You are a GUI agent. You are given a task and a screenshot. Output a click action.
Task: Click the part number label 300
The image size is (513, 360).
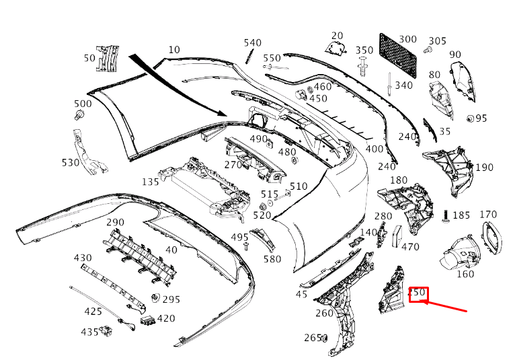click(x=407, y=39)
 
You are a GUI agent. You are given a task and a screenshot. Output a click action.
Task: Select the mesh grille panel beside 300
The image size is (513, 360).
click(x=398, y=55)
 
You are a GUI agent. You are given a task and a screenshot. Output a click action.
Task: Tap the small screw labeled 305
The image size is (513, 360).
click(x=428, y=50)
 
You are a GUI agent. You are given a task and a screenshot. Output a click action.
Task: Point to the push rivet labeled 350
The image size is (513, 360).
click(x=362, y=67)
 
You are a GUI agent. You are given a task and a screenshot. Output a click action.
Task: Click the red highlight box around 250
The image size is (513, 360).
click(x=418, y=295)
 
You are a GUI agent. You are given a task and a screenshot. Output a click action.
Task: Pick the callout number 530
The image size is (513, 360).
click(x=71, y=162)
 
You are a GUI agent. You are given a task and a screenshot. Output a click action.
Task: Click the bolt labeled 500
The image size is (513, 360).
click(x=79, y=115)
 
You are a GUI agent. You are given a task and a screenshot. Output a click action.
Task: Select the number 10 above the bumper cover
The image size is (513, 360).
click(x=174, y=50)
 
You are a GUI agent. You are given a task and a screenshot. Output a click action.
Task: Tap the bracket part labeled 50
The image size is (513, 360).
click(x=107, y=59)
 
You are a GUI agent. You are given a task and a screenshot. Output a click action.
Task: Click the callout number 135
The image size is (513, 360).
click(x=151, y=182)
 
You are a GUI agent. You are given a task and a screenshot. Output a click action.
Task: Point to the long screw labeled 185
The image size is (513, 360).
click(x=446, y=216)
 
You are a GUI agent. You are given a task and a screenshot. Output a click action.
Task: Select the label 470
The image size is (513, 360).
click(x=410, y=247)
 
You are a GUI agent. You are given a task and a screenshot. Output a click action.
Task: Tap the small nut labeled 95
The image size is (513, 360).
click(x=470, y=118)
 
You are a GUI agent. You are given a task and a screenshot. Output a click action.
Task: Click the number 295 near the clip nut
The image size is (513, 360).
click(x=171, y=299)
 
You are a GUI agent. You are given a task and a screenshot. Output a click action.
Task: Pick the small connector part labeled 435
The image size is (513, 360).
click(x=106, y=331)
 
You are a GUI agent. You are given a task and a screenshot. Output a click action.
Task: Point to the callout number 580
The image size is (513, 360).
click(x=272, y=259)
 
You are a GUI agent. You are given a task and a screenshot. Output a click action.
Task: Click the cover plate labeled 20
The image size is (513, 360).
click(x=336, y=48)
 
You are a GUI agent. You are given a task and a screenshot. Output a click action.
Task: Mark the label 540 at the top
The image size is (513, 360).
click(x=253, y=43)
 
